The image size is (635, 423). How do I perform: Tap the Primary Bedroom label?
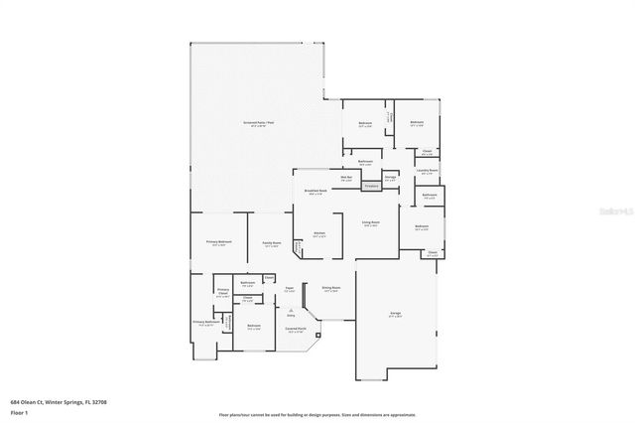[x=218, y=242]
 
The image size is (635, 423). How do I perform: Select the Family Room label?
[x=272, y=243]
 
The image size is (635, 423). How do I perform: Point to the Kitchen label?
[x=318, y=235]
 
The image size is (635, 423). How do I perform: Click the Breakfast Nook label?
[x=317, y=192]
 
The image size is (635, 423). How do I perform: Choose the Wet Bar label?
[x=347, y=179]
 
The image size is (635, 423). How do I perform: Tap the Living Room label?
[x=370, y=224]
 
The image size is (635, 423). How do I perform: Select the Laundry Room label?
[x=427, y=171]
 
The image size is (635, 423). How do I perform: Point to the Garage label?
[x=395, y=313]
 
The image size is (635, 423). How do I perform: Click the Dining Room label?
[x=330, y=290]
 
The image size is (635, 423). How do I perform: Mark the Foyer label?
[x=290, y=289]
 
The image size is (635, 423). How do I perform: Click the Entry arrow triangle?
[x=291, y=309]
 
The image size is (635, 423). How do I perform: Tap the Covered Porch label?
[x=295, y=330]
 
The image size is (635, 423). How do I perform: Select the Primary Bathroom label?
[x=205, y=323]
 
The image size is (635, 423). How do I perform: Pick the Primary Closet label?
[x=222, y=294]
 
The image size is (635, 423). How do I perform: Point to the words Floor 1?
[x=20, y=411]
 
